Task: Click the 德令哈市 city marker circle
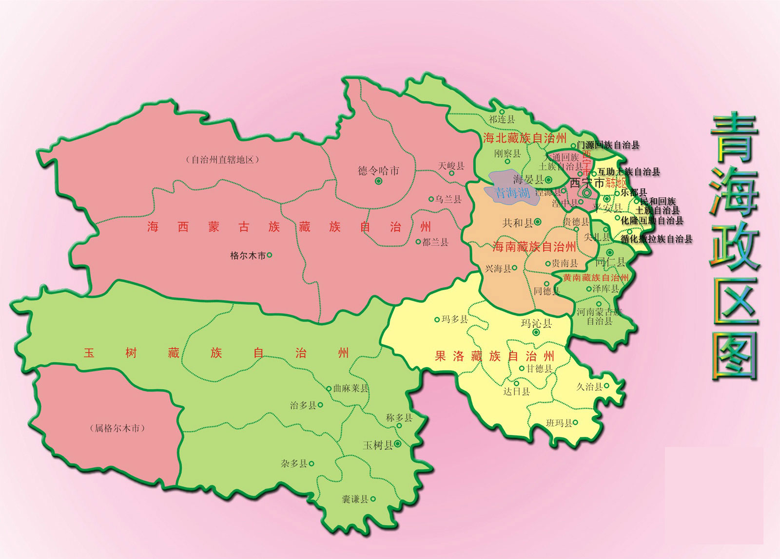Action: [378, 181]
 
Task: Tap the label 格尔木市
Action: [248, 255]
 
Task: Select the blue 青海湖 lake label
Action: [512, 192]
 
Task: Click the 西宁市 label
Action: [587, 183]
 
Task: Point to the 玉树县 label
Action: [378, 445]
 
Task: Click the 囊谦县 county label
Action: [354, 499]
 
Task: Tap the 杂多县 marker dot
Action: [312, 464]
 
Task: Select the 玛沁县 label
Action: [536, 323]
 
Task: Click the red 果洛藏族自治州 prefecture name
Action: [494, 356]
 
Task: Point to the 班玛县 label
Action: [559, 423]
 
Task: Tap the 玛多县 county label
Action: [454, 319]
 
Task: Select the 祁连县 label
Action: [502, 119]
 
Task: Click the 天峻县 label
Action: [451, 166]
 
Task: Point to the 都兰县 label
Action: [435, 242]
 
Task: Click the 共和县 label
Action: [518, 223]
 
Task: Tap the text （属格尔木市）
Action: [117, 429]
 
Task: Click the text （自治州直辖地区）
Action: [222, 160]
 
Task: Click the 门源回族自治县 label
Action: [608, 145]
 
